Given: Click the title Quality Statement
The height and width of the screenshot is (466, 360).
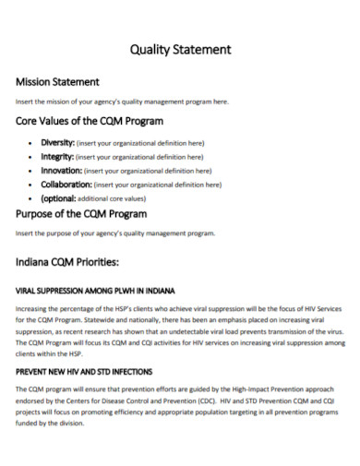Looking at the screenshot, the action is pos(180,50).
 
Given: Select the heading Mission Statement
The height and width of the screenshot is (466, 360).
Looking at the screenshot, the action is pos(57,82).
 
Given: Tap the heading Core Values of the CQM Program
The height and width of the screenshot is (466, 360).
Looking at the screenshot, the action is pos(90,121).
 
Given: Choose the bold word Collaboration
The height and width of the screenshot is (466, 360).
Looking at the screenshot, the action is pos(66,185).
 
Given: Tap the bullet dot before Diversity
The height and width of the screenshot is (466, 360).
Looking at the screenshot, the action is pos(32,143).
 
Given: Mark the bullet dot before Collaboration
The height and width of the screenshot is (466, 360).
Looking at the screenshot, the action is pos(32,185).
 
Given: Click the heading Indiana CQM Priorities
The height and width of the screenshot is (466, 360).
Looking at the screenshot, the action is pos(67,262).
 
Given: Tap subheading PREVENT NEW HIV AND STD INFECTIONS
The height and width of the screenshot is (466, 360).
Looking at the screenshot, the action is pos(84,372).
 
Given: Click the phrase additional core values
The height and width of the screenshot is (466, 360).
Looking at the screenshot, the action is pos(113,198).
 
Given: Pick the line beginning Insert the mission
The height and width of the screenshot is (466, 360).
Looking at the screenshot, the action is pos(122,102).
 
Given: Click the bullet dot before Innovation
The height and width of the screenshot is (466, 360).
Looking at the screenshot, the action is pos(32,171).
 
